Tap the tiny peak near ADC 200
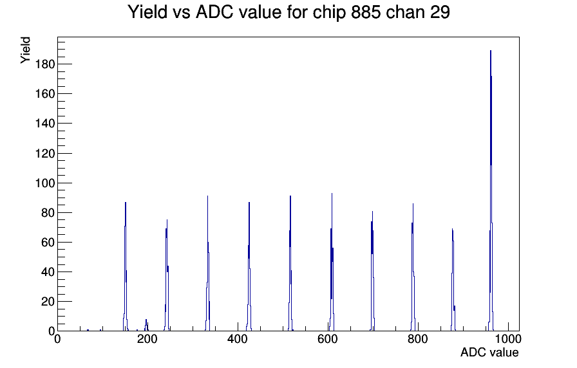point(146,326)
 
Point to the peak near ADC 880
point(453,279)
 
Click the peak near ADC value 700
point(372,271)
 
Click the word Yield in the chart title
point(147,12)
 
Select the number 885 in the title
point(366,12)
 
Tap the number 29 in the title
point(439,12)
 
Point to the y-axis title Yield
point(25,50)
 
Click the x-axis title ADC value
point(489,352)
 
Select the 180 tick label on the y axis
point(45,64)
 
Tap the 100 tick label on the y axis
point(45,183)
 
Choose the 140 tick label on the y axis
point(45,124)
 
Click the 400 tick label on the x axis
point(238,339)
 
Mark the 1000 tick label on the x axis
point(508,339)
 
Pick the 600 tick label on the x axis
point(328,339)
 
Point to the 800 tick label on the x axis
point(418,339)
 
